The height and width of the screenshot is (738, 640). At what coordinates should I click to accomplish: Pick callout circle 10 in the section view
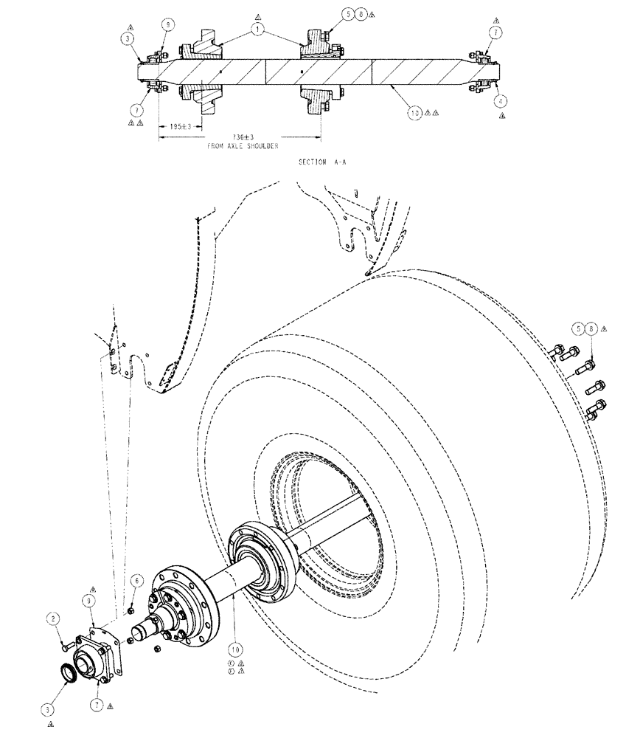pos(417,113)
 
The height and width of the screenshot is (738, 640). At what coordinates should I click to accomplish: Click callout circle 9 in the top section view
pos(167,25)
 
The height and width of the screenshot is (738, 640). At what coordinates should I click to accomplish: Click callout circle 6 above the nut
pos(136,582)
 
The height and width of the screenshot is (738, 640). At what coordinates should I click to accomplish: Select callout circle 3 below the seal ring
pos(48,709)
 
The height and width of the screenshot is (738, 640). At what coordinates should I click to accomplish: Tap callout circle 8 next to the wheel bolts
pos(592,330)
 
